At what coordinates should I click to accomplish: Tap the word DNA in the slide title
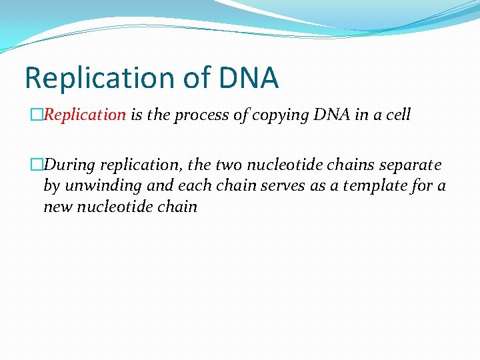(248, 78)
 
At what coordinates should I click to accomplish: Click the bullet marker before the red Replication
(38, 115)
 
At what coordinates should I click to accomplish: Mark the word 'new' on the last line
(57, 207)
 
